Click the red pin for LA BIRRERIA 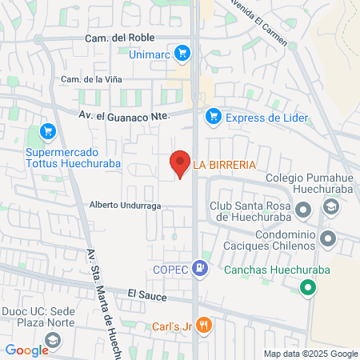[180, 164]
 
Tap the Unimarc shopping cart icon [182, 54]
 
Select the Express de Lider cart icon [213, 118]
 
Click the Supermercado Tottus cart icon [47, 131]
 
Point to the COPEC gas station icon [202, 270]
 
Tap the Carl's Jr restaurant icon [205, 325]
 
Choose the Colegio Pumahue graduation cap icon [328, 207]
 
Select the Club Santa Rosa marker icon [302, 210]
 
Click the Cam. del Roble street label [118, 38]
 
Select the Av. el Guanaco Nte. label [124, 116]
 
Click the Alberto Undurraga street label [126, 205]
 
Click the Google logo [26, 350]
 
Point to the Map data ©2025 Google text [311, 354]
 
